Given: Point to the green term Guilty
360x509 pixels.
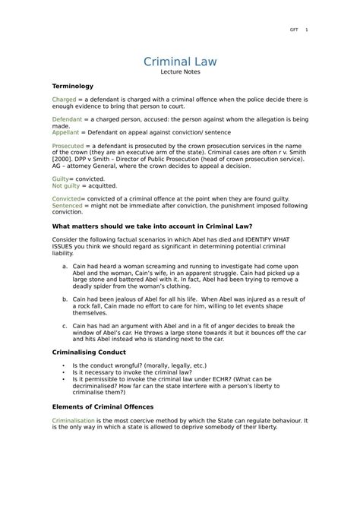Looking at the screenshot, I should [x=61, y=178].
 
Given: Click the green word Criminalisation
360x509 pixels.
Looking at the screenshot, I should [x=74, y=419].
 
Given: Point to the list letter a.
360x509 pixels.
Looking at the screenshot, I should [x=65, y=266].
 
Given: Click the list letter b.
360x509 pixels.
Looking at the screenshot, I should [x=65, y=299].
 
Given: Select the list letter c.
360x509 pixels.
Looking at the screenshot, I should [x=65, y=326].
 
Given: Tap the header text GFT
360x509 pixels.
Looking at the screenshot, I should [x=292, y=30].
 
